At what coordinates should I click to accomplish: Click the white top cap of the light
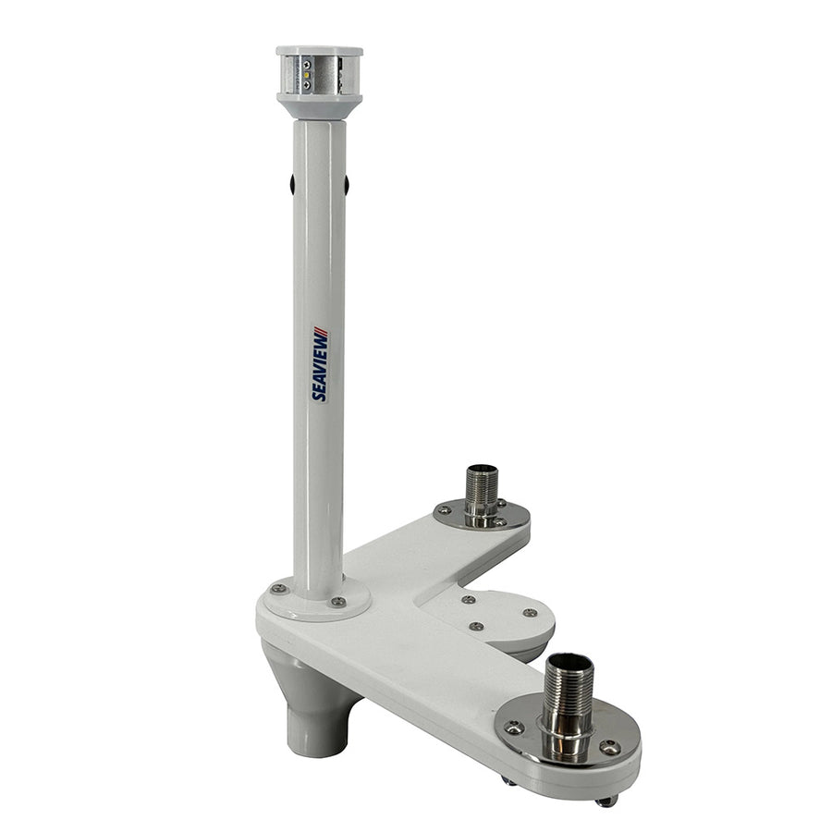(x=319, y=52)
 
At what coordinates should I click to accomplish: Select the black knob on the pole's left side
(x=292, y=184)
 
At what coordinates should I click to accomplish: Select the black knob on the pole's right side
(x=347, y=184)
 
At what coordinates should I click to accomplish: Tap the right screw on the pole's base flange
(x=338, y=602)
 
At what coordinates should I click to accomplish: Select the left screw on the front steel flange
(x=515, y=728)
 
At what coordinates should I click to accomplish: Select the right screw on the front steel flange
(x=609, y=747)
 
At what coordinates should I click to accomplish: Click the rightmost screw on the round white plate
(x=530, y=612)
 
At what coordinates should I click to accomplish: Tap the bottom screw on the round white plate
(x=476, y=626)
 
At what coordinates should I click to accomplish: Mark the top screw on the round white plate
(x=467, y=598)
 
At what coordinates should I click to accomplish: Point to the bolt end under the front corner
(x=606, y=801)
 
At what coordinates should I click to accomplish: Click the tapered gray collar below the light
(x=319, y=106)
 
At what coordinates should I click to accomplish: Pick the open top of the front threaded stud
(x=568, y=663)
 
